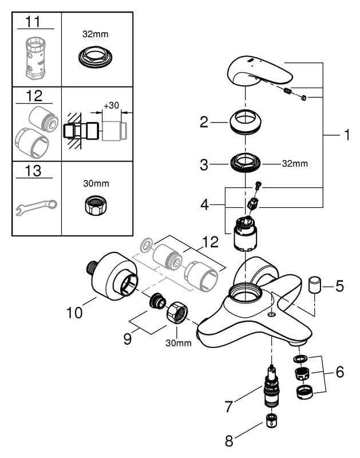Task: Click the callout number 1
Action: tap(346, 136)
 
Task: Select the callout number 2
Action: tap(203, 121)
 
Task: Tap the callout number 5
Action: tap(339, 285)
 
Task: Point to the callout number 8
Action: tap(230, 441)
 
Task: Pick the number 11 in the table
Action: tap(35, 23)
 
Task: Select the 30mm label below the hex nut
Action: tap(179, 343)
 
